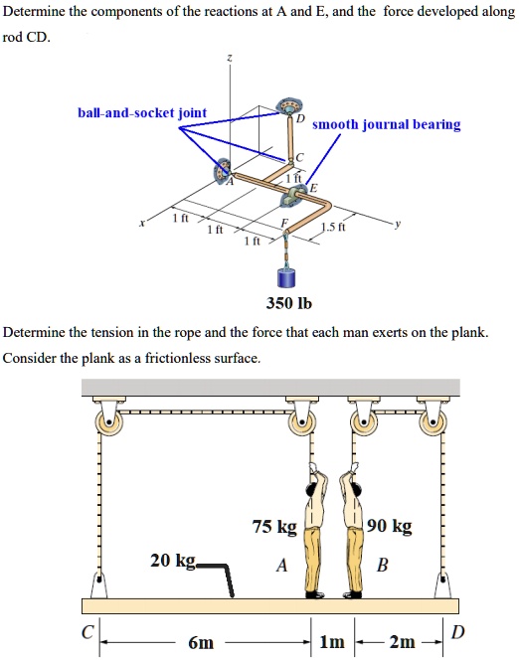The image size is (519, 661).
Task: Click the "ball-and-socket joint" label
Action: pyautogui.click(x=142, y=112)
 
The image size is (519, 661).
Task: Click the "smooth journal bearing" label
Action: pyautogui.click(x=387, y=124)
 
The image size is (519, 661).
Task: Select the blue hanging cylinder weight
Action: pyautogui.click(x=285, y=276)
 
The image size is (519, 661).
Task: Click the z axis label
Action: pyautogui.click(x=231, y=60)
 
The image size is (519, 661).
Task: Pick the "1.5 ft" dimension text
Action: pyautogui.click(x=334, y=226)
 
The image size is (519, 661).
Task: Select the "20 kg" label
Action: pyautogui.click(x=172, y=561)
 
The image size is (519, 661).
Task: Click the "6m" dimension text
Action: pyautogui.click(x=200, y=642)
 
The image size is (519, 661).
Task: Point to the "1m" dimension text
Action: pyautogui.click(x=332, y=642)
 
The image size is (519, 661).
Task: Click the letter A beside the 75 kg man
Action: pyautogui.click(x=281, y=566)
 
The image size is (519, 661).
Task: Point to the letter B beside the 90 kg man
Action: pyautogui.click(x=383, y=566)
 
